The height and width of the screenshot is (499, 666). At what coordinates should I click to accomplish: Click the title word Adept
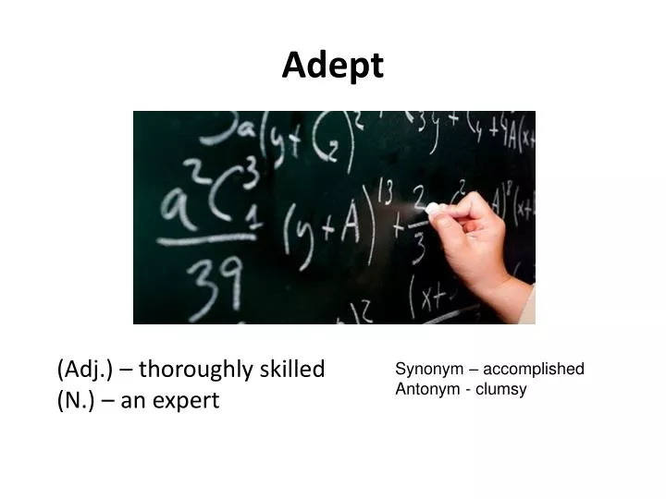[332, 65]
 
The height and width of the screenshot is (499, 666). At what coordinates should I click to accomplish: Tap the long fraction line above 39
[209, 242]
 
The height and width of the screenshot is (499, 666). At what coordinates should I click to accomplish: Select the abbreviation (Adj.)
[85, 370]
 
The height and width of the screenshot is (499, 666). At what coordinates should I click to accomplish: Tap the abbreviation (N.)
[76, 401]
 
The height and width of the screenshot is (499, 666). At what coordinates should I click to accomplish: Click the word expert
[189, 401]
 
